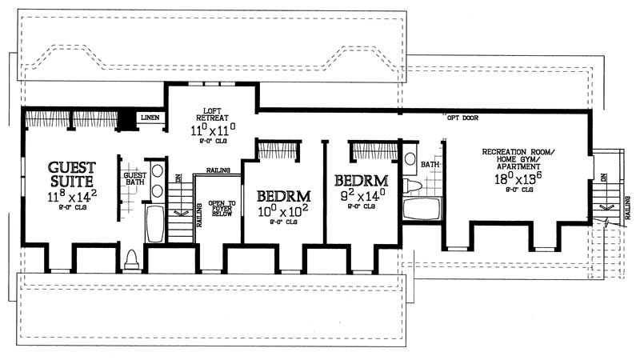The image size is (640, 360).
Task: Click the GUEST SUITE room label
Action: click(72, 174)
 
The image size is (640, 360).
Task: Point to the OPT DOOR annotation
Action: click(464, 118)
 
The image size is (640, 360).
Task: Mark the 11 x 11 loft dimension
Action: click(212, 129)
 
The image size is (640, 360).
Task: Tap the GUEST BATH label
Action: click(134, 178)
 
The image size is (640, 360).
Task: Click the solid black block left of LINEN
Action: click(126, 118)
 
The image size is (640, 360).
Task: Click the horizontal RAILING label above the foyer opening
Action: click(218, 170)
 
